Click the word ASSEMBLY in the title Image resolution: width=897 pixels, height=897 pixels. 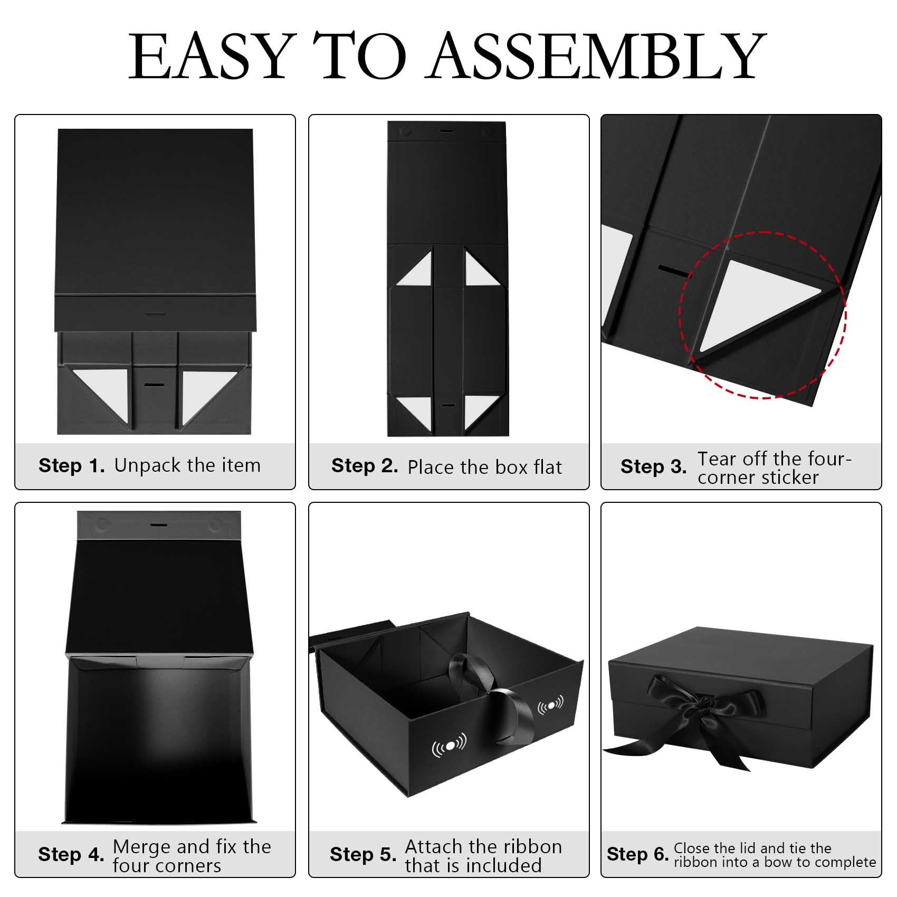pyautogui.click(x=598, y=55)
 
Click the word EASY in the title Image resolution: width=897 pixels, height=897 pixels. pyautogui.click(x=210, y=55)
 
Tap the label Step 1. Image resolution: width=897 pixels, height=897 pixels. pyautogui.click(x=72, y=465)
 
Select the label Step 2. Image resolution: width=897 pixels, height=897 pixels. pyautogui.click(x=365, y=465)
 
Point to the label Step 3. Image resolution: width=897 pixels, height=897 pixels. pyautogui.click(x=654, y=466)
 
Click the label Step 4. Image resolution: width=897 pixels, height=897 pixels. pyautogui.click(x=71, y=854)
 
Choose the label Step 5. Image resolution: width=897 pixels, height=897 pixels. pyautogui.click(x=363, y=854)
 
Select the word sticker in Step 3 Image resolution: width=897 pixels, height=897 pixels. pyautogui.click(x=789, y=478)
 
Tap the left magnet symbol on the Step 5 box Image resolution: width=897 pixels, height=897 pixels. pyautogui.click(x=449, y=745)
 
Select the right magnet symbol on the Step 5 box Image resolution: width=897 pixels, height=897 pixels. pyautogui.click(x=550, y=704)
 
